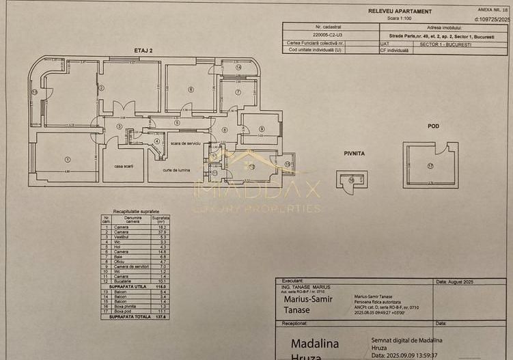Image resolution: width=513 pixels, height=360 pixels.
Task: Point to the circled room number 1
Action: (67, 160)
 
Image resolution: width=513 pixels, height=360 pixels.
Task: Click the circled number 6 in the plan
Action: (191, 89)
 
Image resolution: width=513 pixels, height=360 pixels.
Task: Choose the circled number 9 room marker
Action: (261, 129)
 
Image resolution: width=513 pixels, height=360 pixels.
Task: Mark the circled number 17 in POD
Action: (430, 165)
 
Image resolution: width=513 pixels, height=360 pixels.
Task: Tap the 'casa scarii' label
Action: (123, 167)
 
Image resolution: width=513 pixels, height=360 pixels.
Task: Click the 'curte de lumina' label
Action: (176, 169)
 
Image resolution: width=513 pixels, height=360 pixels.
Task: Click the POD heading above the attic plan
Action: (433, 126)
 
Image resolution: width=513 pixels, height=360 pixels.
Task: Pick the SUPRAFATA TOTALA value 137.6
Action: (161, 316)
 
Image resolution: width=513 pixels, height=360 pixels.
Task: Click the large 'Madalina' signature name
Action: (315, 343)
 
